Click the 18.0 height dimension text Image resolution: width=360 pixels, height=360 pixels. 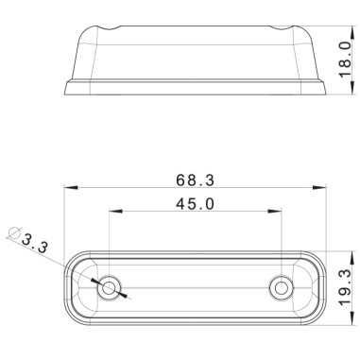click(x=345, y=58)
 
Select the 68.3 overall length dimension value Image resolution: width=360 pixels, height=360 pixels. click(x=196, y=180)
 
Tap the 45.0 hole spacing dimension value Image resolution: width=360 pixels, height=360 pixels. click(x=196, y=203)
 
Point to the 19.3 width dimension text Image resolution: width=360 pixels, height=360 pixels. click(x=345, y=284)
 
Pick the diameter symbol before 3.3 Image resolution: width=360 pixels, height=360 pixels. click(x=13, y=232)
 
